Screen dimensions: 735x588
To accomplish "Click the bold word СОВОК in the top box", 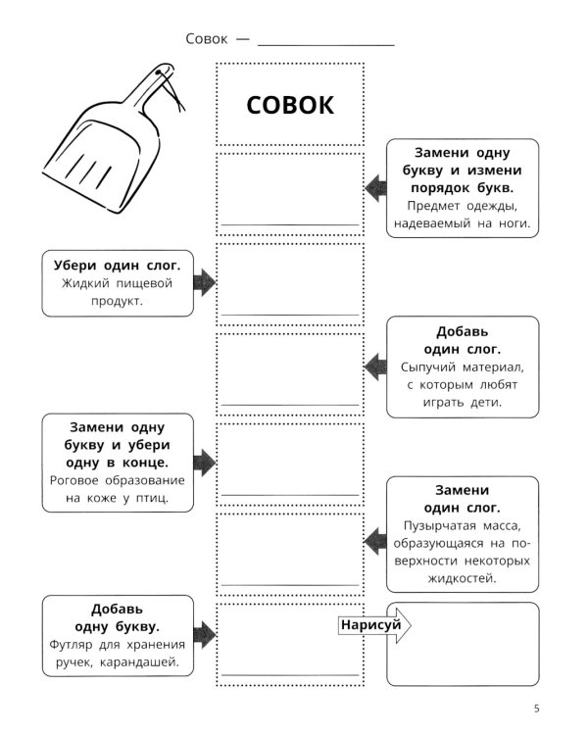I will tap(289, 105).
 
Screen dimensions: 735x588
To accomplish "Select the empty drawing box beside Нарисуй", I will tap(462, 643).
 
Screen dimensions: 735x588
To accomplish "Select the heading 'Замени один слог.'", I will tap(463, 498).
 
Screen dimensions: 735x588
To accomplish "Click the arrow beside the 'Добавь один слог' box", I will tap(374, 367).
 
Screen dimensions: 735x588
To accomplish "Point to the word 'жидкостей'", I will tap(463, 578).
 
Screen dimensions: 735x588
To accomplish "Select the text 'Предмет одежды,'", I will tap(463, 205).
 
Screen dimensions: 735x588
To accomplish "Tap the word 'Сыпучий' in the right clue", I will tap(429, 366).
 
